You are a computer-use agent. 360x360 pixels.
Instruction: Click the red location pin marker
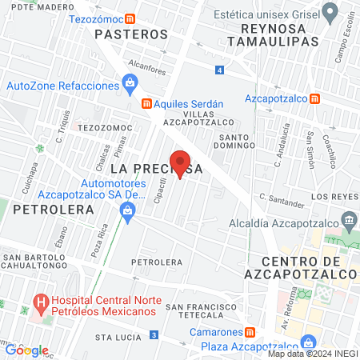pyautogui.click(x=180, y=162)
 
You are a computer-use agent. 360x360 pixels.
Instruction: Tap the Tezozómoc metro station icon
pyautogui.click(x=142, y=17)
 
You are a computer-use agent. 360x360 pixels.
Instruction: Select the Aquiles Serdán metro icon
pyautogui.click(x=146, y=103)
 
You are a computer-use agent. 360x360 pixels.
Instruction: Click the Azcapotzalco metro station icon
pyautogui.click(x=315, y=98)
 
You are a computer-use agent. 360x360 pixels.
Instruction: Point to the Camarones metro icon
pyautogui.click(x=250, y=332)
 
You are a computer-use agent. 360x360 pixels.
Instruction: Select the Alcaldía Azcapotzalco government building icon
pyautogui.click(x=349, y=219)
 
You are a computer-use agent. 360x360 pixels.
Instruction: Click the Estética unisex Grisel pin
pyautogui.click(x=330, y=13)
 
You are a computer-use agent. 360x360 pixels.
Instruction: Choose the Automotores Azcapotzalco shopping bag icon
pyautogui.click(x=126, y=210)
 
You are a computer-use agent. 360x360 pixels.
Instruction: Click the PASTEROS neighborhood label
pyautogui.click(x=131, y=34)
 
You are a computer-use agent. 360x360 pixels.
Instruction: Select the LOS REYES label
pyautogui.click(x=330, y=196)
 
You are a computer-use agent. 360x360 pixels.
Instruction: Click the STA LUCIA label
pyautogui.click(x=117, y=338)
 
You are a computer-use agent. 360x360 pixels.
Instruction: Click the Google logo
pyautogui.click(x=27, y=350)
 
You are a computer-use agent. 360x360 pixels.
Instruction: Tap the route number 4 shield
pyautogui.click(x=219, y=70)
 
